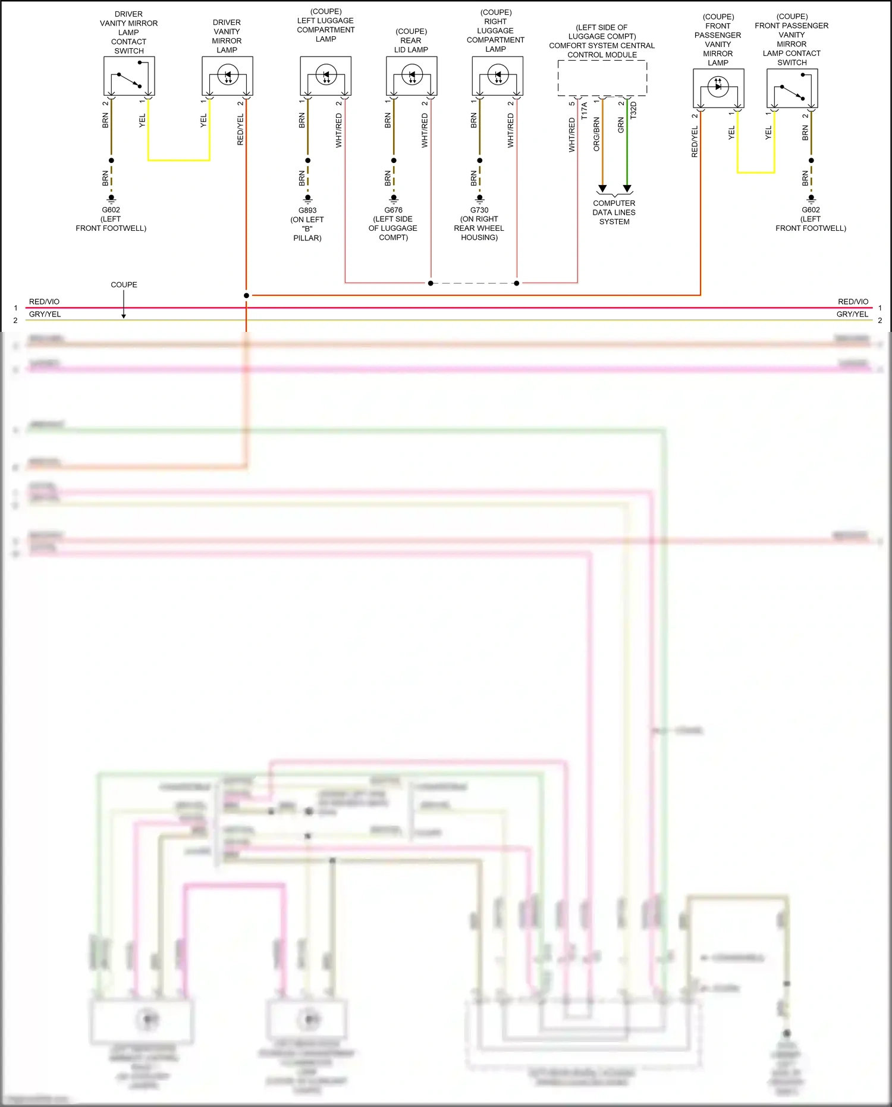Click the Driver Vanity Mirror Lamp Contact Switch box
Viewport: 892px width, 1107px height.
[x=129, y=76]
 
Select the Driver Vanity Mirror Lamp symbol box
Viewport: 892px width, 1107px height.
[x=227, y=76]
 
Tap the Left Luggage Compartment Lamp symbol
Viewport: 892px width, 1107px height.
[x=325, y=76]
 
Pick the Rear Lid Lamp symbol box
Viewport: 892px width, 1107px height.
[x=412, y=76]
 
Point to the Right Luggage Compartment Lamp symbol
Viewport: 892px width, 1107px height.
[x=498, y=76]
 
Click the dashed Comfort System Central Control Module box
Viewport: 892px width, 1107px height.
[x=602, y=77]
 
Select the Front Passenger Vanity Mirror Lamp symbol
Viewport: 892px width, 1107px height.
[x=718, y=88]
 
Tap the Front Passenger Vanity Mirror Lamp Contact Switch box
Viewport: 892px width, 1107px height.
[x=792, y=88]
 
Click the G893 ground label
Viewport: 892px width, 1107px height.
[x=307, y=211]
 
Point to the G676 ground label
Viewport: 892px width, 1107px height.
[x=393, y=210]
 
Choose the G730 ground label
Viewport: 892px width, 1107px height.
[x=479, y=210]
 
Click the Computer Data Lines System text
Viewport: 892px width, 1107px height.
[x=614, y=212]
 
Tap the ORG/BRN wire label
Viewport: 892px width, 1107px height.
[x=596, y=134]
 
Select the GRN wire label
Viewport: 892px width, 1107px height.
[x=621, y=126]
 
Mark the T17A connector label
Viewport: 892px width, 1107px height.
[x=584, y=111]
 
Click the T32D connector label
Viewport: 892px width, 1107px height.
[x=633, y=111]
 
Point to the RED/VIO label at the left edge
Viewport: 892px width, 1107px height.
[x=45, y=302]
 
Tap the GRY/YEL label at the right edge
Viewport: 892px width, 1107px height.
[x=852, y=314]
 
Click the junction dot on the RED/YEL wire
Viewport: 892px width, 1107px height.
[x=246, y=295]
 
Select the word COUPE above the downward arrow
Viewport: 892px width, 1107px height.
[x=124, y=285]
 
